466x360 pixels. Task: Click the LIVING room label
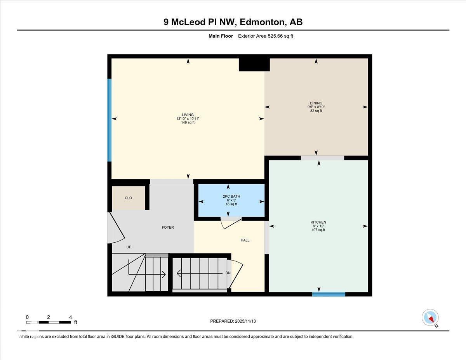[188, 115]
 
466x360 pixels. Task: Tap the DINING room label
[316, 103]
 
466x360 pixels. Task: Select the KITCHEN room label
[318, 222]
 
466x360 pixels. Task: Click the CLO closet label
[128, 198]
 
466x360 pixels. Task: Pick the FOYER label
[168, 228]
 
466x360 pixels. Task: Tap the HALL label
[245, 240]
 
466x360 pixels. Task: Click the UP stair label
[129, 247]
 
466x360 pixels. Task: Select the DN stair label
[228, 273]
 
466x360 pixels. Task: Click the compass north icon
[430, 317]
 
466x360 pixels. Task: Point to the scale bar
[49, 322]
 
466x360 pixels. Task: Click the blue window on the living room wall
[110, 120]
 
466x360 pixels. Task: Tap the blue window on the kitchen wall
[329, 294]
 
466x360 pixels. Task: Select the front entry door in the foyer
[116, 229]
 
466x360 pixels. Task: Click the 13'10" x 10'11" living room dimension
[188, 118]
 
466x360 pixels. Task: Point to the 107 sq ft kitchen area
[318, 230]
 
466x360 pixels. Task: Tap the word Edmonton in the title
[263, 22]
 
